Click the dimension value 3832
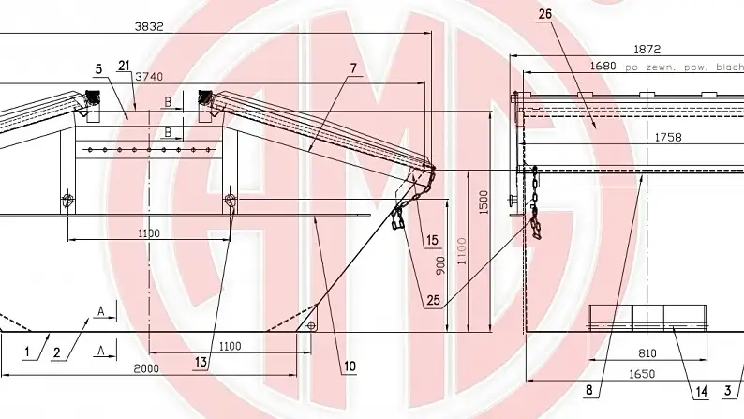click(149, 27)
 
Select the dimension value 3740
click(149, 76)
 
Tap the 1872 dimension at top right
click(647, 49)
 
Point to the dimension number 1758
click(668, 137)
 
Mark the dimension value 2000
click(145, 368)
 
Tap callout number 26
click(545, 13)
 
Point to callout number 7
click(352, 68)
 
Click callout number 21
click(125, 65)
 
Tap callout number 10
click(350, 367)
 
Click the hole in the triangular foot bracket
click(310, 325)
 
